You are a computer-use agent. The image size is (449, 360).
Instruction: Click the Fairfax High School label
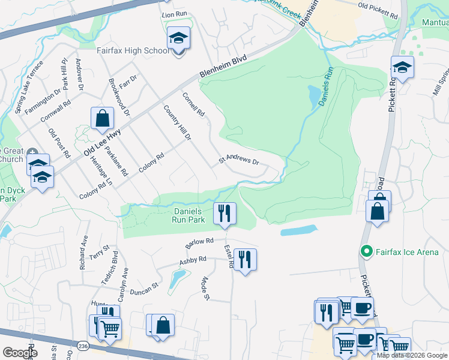pyautogui.click(x=133, y=50)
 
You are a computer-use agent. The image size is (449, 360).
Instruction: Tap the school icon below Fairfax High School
pyautogui.click(x=178, y=38)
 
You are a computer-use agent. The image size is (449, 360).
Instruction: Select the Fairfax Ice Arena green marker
pyautogui.click(x=364, y=252)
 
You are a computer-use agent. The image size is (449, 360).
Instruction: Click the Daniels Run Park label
pyautogui.click(x=190, y=215)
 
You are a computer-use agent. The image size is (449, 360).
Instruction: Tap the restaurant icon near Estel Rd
pyautogui.click(x=244, y=259)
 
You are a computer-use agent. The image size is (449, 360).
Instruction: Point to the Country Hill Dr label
pyautogui.click(x=177, y=123)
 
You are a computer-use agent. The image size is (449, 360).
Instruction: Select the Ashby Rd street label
pyautogui.click(x=193, y=261)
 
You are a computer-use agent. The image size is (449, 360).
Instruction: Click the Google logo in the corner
pyautogui.click(x=19, y=353)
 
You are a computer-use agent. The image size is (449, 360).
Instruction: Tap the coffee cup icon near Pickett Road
pyautogui.click(x=362, y=307)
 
